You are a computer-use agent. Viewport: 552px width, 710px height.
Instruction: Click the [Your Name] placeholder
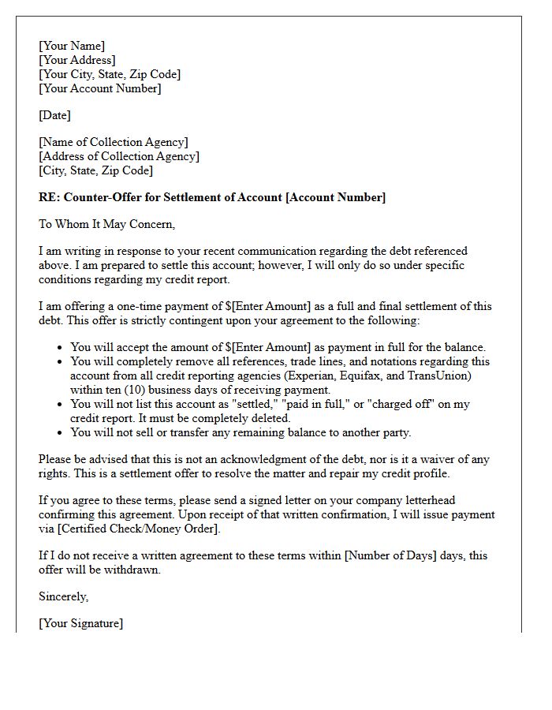click(72, 46)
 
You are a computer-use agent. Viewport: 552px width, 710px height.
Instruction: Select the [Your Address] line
click(77, 60)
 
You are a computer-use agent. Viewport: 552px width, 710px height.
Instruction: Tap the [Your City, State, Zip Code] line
click(110, 74)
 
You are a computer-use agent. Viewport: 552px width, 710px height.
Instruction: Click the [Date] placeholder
click(54, 115)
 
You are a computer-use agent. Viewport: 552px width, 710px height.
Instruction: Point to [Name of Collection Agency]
click(114, 142)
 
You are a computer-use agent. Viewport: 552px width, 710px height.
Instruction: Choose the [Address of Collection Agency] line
click(118, 156)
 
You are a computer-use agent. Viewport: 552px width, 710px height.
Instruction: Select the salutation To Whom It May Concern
click(106, 224)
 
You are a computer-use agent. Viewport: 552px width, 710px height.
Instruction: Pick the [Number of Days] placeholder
click(390, 555)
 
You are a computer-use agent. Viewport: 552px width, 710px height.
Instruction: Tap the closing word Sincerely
click(64, 596)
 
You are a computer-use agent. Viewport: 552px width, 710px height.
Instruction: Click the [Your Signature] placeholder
click(81, 623)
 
